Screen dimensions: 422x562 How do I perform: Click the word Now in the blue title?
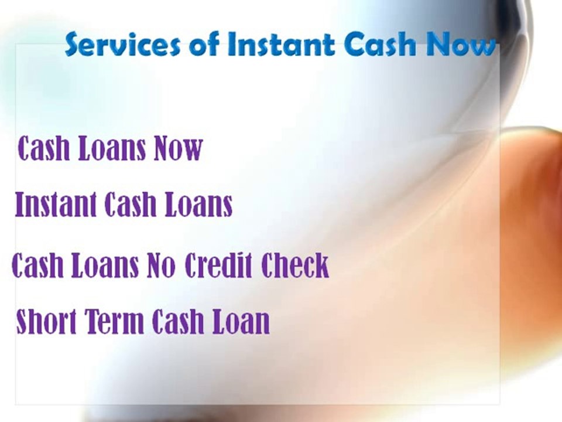462,45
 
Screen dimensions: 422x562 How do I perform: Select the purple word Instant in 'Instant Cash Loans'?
56,205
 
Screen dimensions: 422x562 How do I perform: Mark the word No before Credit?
161,266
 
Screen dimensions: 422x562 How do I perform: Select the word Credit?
220,266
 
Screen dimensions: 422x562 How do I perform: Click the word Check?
295,266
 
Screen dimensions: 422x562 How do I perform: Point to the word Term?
116,322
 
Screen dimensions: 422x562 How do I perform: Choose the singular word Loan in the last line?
241,322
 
